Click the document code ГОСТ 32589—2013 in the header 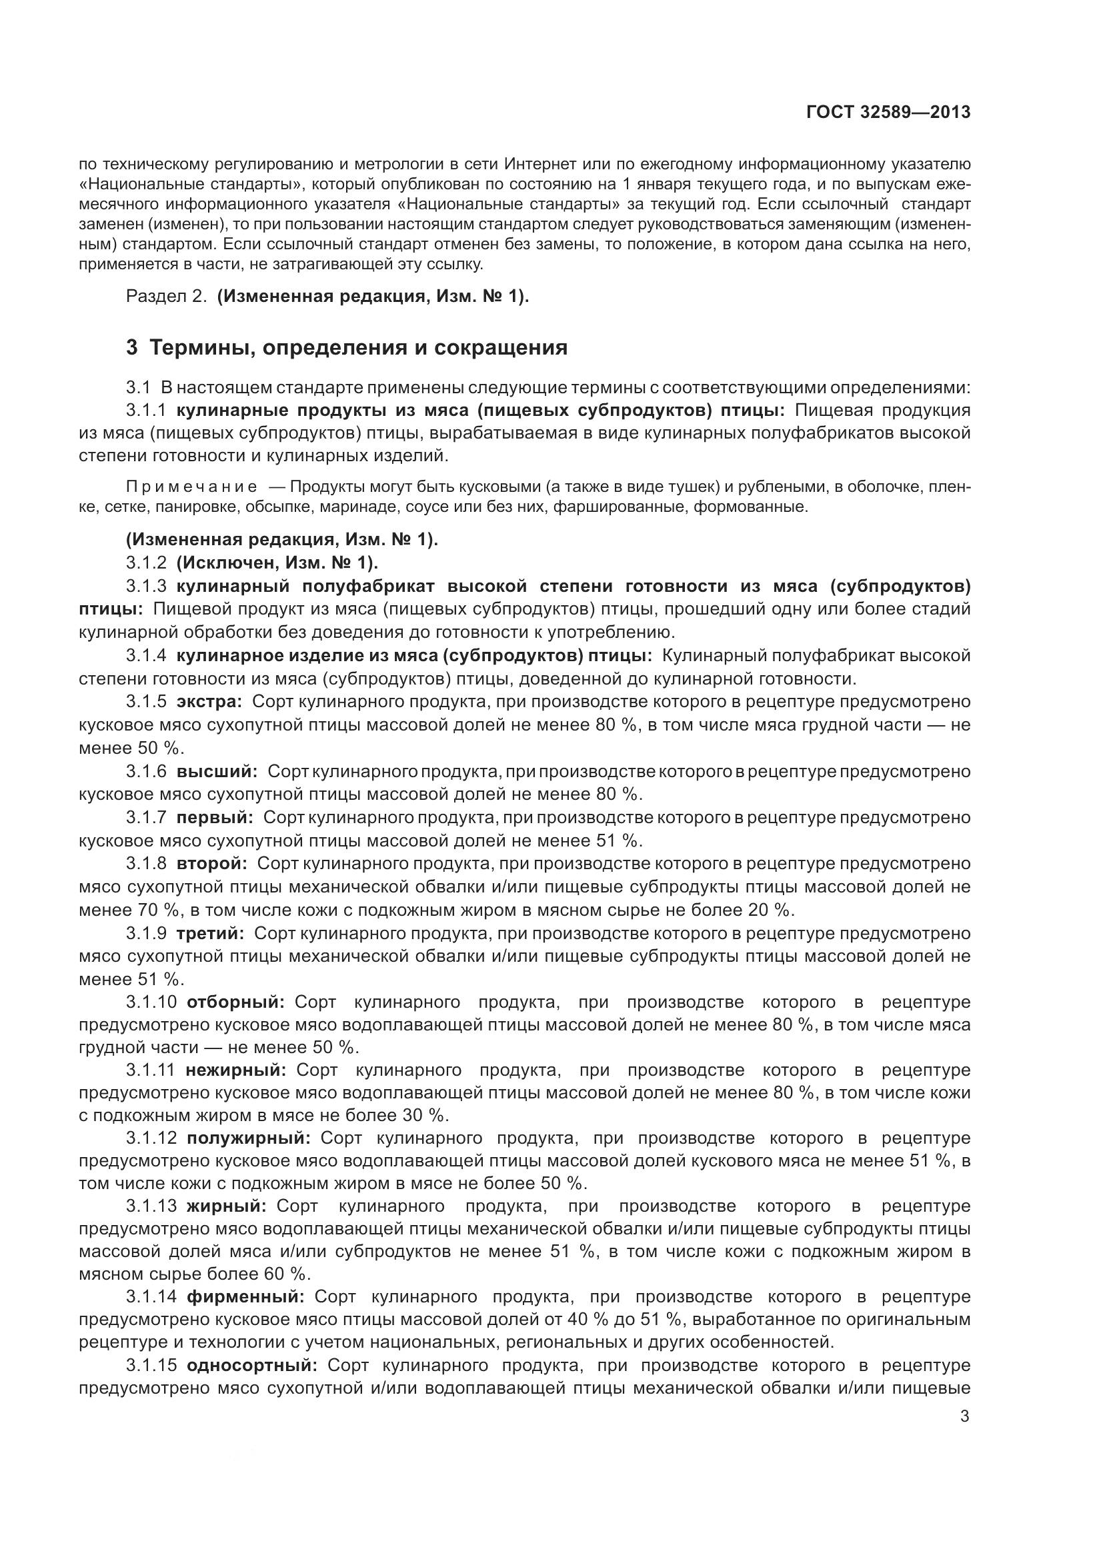[888, 113]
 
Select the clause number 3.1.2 [146, 563]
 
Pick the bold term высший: [217, 771]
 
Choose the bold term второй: [212, 864]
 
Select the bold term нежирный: [236, 1071]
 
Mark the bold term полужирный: [249, 1139]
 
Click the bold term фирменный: [246, 1300]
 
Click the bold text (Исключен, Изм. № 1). [277, 563]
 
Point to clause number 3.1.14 [151, 1300]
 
